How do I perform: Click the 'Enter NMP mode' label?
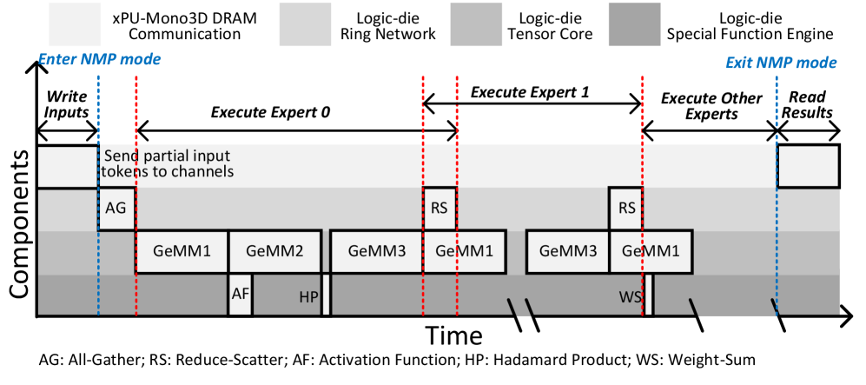tap(100, 60)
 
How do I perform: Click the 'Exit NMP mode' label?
tap(780, 63)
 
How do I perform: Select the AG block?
tap(116, 209)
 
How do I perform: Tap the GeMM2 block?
tap(274, 251)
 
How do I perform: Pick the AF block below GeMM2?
tap(240, 294)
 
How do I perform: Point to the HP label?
tap(308, 297)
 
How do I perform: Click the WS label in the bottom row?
tap(630, 297)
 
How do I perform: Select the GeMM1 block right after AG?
tap(182, 251)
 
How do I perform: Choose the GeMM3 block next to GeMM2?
tap(376, 251)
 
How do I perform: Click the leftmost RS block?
tap(440, 209)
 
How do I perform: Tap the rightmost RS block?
tap(625, 209)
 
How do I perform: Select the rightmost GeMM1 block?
tap(651, 251)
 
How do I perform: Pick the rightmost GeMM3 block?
tap(567, 251)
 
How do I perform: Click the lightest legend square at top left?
tap(75, 24)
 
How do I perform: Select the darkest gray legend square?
tap(634, 24)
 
